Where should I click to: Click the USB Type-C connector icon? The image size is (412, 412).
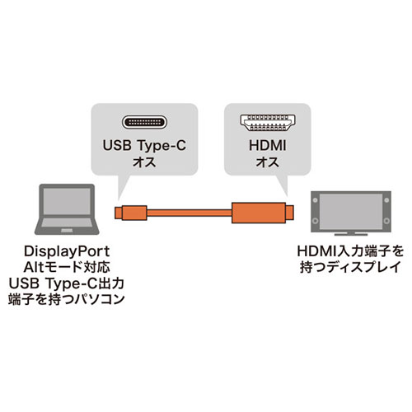[144, 122]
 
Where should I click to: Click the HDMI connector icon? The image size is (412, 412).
[268, 123]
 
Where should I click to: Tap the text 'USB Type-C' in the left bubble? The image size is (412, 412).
[144, 146]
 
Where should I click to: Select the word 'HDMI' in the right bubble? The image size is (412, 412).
[268, 146]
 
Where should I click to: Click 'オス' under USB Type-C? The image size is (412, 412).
[144, 162]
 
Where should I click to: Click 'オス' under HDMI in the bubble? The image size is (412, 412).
[268, 162]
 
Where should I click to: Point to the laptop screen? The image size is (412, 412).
[67, 201]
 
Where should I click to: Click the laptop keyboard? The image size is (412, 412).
[67, 222]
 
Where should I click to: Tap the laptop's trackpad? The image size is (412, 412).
[67, 230]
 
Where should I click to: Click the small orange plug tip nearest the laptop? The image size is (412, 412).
[119, 213]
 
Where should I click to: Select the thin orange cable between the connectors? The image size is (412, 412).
[190, 213]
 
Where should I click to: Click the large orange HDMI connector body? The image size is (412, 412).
[259, 213]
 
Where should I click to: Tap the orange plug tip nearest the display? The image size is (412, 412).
[290, 213]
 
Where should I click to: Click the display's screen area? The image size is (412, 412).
[351, 212]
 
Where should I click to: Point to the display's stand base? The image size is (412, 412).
[351, 234]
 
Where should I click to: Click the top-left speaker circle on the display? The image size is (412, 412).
[316, 200]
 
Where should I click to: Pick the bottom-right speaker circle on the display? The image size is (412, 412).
[386, 221]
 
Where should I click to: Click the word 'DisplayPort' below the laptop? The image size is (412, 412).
[67, 251]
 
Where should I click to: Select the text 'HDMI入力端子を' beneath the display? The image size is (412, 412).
[350, 251]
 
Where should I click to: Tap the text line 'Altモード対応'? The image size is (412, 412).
[67, 267]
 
